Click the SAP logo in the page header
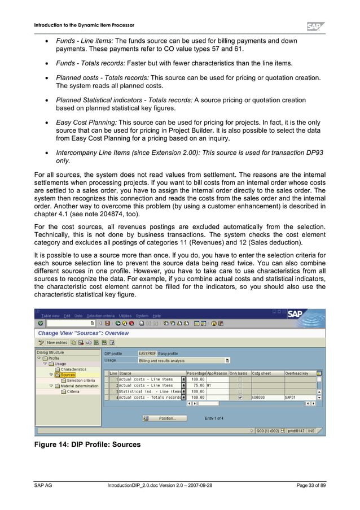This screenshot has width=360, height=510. coord(315,26)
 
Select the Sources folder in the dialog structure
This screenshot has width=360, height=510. coord(68,374)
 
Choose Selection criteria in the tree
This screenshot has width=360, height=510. coord(81,380)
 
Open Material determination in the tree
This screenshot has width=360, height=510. coord(80,386)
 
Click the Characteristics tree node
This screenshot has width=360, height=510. coord(73,369)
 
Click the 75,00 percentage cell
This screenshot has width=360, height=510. coord(195,385)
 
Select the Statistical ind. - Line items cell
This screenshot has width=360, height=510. coord(149,391)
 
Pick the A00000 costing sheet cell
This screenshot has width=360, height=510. coord(260,397)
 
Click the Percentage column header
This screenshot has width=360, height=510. coord(196,373)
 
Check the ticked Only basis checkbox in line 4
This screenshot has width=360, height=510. coord(240,397)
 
